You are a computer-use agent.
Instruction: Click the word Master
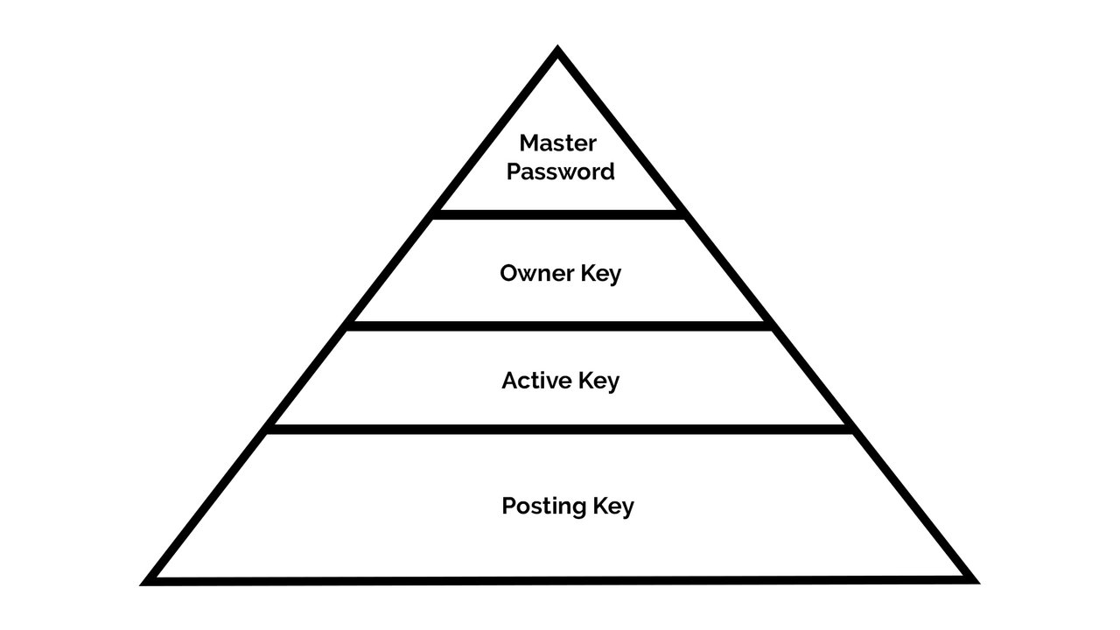click(x=557, y=143)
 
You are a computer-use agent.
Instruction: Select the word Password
click(x=561, y=171)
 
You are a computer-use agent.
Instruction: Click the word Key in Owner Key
click(x=600, y=274)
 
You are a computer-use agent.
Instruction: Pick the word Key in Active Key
click(x=598, y=381)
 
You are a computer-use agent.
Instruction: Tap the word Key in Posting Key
click(x=613, y=507)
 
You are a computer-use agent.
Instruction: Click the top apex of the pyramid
click(x=558, y=52)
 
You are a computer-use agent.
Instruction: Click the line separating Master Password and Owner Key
click(x=558, y=213)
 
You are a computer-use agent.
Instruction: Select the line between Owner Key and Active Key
click(x=560, y=325)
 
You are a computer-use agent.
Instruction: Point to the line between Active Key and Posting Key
click(x=560, y=429)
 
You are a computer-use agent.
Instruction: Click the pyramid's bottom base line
click(x=560, y=579)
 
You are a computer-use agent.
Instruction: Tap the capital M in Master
click(x=528, y=143)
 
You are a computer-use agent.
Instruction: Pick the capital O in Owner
click(x=508, y=273)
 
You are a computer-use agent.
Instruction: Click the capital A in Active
click(x=510, y=381)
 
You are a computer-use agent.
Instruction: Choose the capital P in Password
click(x=514, y=171)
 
